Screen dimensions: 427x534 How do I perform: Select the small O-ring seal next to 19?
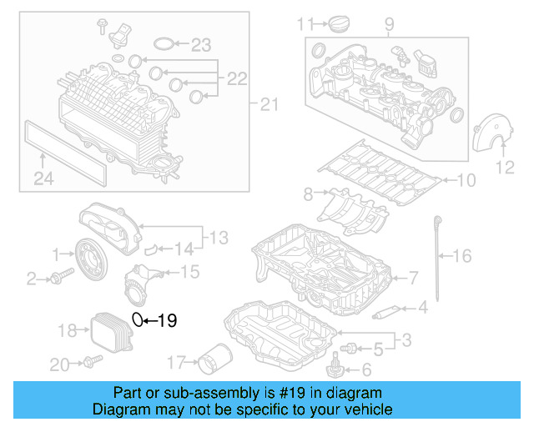point(139,319)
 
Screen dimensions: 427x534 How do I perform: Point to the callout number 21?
point(266,104)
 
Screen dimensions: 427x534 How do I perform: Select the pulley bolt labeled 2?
point(56,278)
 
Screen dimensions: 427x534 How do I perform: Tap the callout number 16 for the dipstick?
point(461,256)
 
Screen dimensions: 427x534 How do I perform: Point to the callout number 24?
point(43,177)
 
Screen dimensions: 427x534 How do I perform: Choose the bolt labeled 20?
point(90,362)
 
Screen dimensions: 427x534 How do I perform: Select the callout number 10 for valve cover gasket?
point(465,179)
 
